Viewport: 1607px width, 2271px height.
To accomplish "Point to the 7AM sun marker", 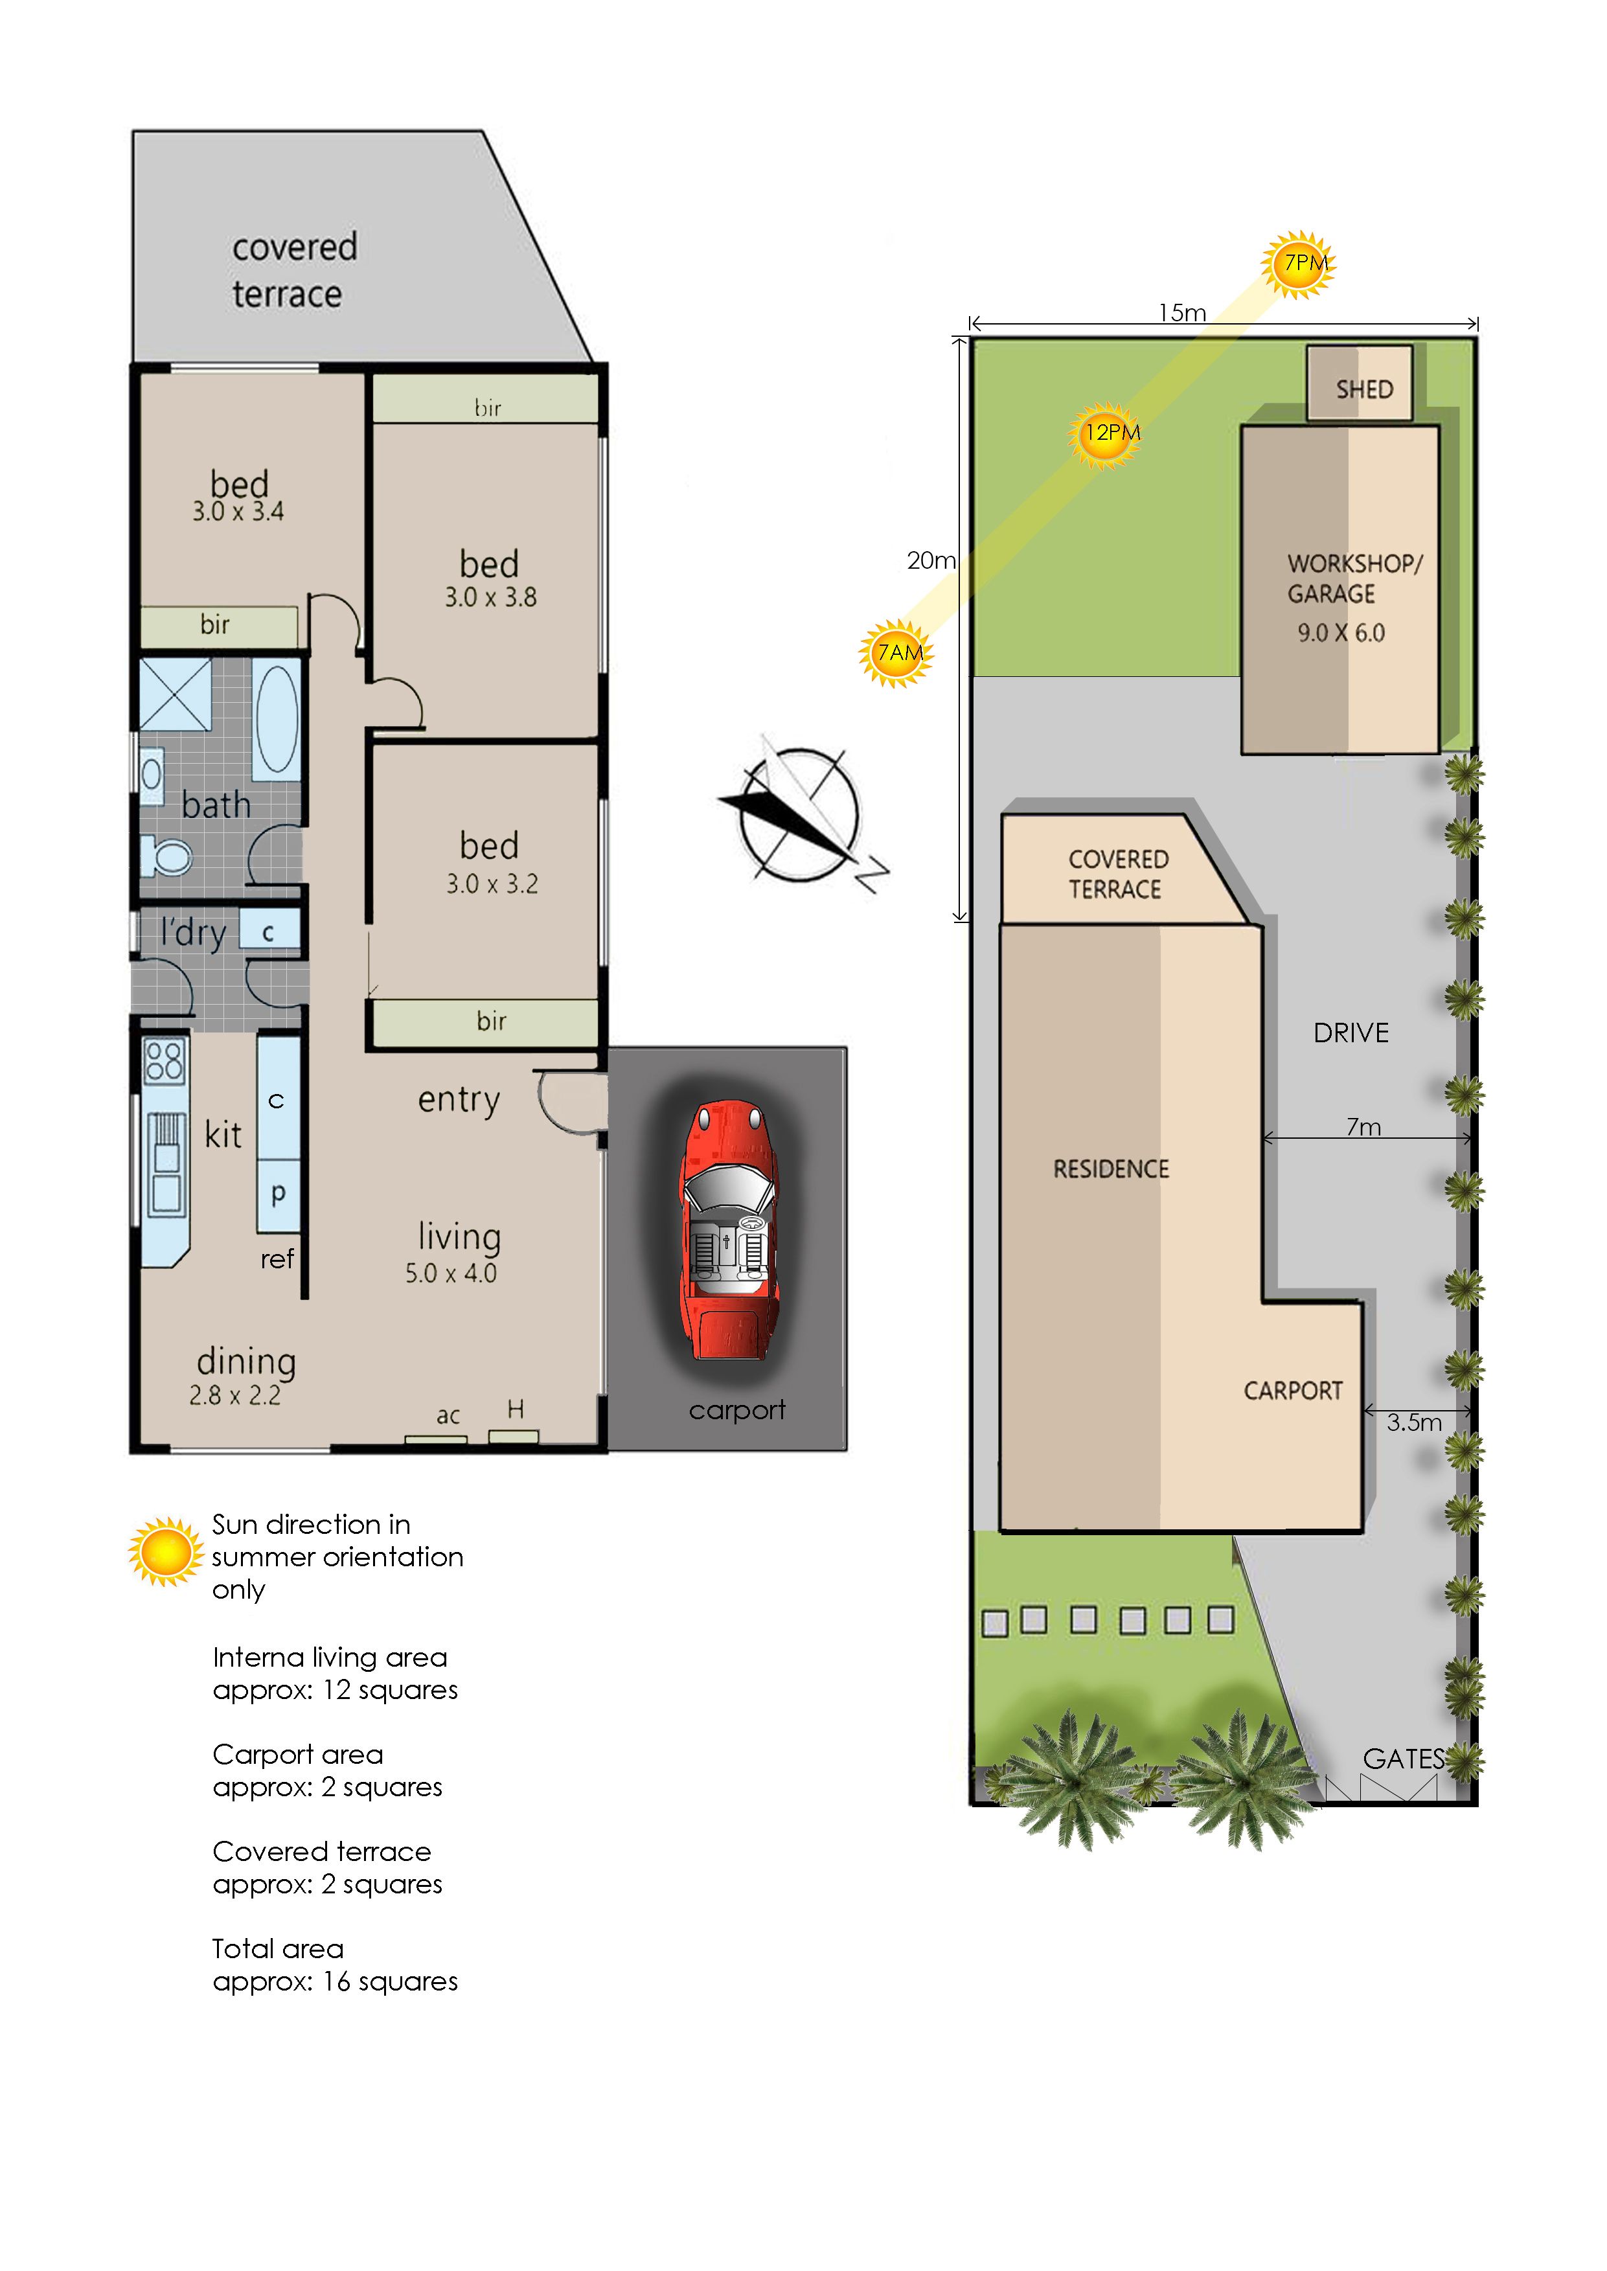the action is click(x=896, y=653).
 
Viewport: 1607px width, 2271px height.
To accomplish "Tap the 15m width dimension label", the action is click(x=1183, y=313).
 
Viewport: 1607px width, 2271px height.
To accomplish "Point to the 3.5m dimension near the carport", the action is click(x=1413, y=1423).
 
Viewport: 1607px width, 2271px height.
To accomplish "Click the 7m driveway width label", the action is click(x=1363, y=1127).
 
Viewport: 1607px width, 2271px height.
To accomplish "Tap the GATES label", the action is click(x=1403, y=1759).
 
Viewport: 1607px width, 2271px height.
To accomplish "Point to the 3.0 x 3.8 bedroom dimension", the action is click(x=491, y=598).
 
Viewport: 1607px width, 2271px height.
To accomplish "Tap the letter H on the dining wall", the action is click(x=516, y=1409).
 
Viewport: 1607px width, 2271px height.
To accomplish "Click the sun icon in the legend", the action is click(x=165, y=1551).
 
